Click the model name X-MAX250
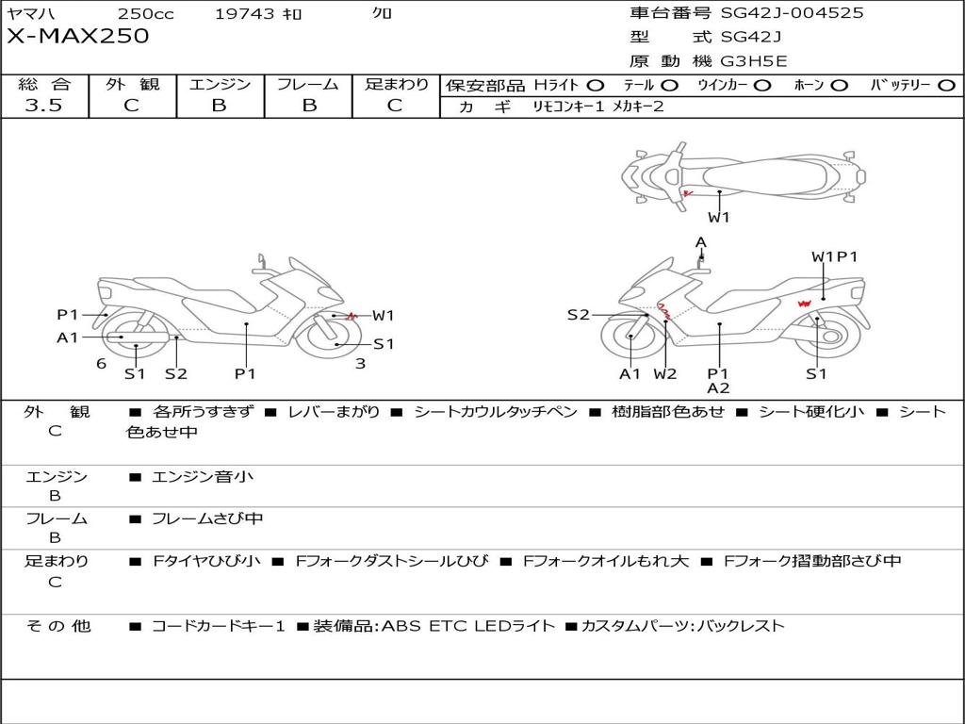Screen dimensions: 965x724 coord(77,37)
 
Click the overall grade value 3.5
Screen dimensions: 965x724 coord(43,106)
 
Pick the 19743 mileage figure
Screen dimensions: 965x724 coord(245,14)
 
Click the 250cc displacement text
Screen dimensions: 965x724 coord(145,14)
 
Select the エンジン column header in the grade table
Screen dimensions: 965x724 coord(220,85)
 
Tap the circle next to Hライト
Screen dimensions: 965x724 coord(596,86)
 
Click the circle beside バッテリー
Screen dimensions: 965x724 coord(946,86)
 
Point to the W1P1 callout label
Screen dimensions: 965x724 coord(835,256)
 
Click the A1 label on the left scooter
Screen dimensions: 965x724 coord(68,337)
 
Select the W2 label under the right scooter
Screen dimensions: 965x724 coord(665,373)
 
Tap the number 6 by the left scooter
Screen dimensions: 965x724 coord(101,363)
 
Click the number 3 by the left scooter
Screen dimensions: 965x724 coord(360,363)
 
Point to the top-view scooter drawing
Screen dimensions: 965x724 coord(743,174)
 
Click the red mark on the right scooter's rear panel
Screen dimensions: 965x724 coord(804,303)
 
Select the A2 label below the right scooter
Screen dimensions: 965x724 coord(718,387)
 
